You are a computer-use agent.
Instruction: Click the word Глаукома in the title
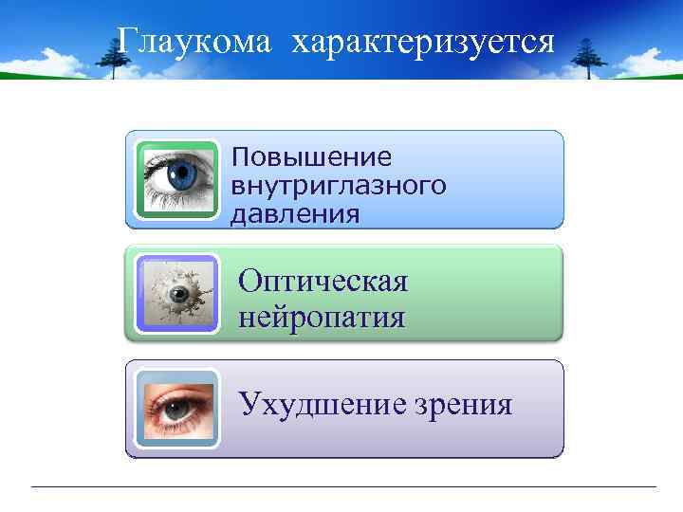[x=194, y=42]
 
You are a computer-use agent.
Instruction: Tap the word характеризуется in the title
[x=423, y=42]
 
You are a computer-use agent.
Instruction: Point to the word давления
[x=295, y=213]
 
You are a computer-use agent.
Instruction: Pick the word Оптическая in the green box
[x=323, y=281]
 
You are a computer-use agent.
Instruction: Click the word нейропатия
[x=322, y=314]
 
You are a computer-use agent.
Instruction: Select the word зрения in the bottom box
[x=463, y=406]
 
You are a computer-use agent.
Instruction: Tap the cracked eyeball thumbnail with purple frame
[x=175, y=294]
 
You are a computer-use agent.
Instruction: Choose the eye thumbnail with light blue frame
[x=175, y=409]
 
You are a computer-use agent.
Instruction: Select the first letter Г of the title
[x=126, y=42]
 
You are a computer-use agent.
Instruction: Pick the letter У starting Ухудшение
[x=249, y=404]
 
